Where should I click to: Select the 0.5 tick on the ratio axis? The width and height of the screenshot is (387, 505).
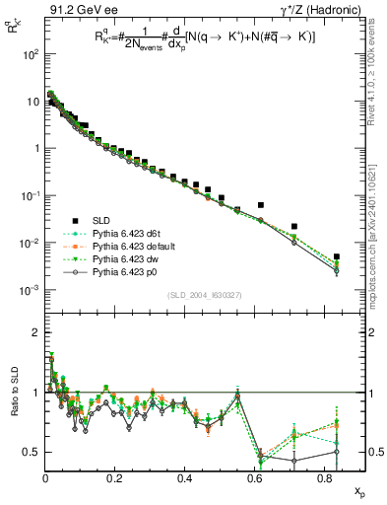click(32, 452)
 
